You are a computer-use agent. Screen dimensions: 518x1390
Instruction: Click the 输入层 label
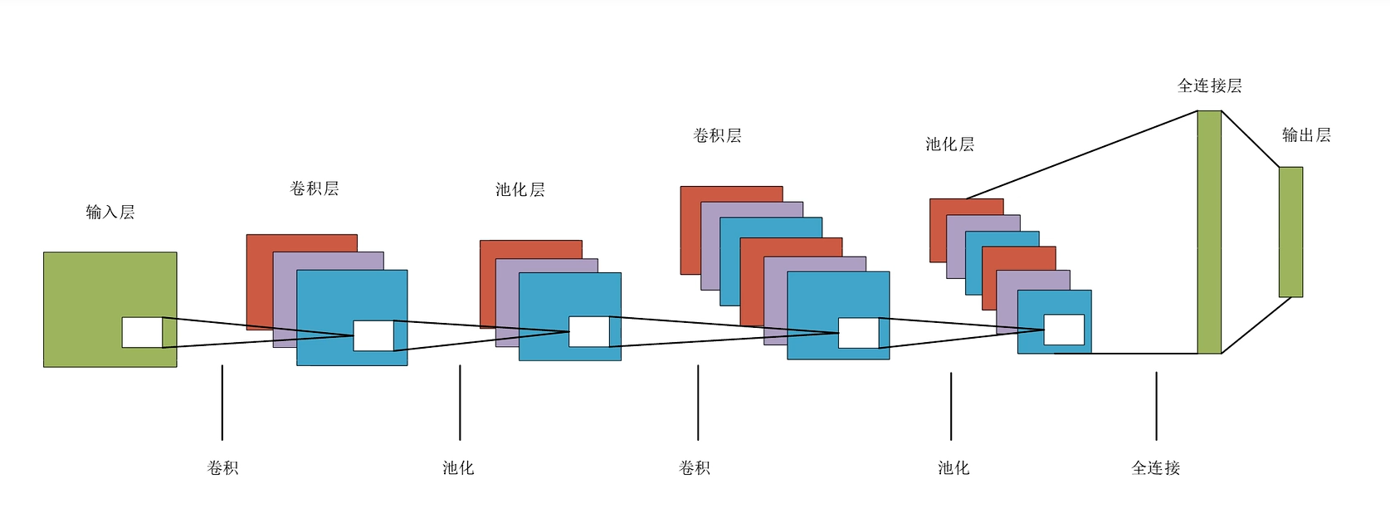point(110,213)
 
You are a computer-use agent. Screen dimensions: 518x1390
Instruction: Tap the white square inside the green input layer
point(142,332)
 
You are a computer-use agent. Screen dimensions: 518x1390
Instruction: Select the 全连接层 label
point(1209,86)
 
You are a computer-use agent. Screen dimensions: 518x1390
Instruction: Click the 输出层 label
point(1306,134)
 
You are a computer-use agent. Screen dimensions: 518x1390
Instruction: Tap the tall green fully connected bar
point(1209,232)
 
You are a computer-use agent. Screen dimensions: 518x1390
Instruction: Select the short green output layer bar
point(1290,232)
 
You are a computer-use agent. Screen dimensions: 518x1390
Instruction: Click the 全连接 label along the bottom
point(1155,468)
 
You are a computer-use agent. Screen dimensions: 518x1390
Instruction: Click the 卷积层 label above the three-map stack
point(315,188)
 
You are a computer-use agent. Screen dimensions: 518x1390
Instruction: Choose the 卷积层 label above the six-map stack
point(717,135)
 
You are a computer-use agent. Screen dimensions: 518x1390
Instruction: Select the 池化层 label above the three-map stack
point(520,189)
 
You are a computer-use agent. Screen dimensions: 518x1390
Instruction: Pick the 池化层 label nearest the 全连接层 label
point(949,144)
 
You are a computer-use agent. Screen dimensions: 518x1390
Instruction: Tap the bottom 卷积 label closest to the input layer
point(222,468)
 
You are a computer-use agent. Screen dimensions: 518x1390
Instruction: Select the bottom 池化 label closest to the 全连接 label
point(953,468)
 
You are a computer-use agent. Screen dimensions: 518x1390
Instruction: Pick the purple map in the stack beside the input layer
point(285,299)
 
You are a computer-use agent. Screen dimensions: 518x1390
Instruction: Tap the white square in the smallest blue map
point(1064,330)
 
